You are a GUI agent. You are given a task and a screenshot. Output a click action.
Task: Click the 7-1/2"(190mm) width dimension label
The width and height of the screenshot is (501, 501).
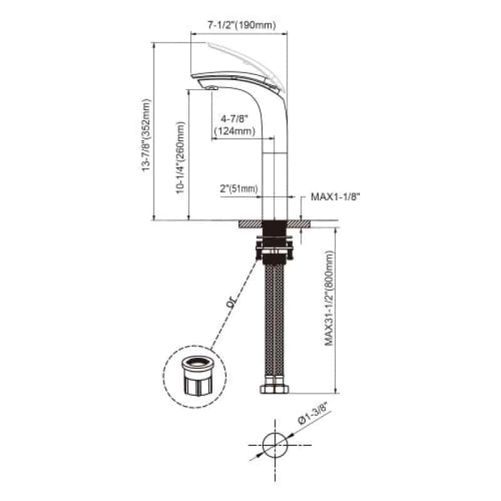[241, 25]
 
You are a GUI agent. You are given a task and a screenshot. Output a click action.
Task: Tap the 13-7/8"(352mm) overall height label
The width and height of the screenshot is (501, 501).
[146, 135]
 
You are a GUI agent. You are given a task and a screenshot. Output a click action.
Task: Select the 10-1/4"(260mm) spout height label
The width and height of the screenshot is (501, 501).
[180, 158]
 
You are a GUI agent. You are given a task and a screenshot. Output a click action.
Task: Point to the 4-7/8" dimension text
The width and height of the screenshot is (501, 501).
[234, 119]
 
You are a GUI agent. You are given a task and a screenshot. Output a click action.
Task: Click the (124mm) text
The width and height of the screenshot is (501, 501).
[234, 131]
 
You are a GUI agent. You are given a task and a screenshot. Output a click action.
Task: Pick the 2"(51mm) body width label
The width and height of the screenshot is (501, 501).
[239, 189]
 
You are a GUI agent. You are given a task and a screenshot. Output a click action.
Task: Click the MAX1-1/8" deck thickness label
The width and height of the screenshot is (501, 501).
[336, 197]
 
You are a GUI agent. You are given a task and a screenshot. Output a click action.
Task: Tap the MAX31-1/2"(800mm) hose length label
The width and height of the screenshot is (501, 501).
[329, 298]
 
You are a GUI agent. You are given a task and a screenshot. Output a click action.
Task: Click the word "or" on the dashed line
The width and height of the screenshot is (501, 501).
[230, 303]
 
